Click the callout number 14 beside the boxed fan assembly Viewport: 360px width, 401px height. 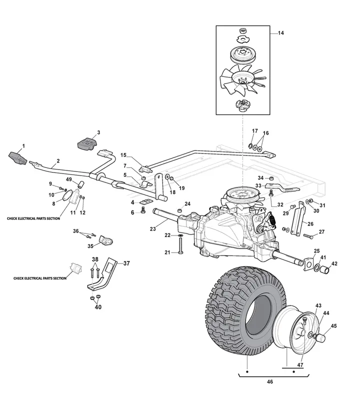280,33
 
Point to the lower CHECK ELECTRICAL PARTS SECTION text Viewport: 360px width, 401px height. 40,278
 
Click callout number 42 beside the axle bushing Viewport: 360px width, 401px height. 334,263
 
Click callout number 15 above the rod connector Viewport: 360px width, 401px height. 123,155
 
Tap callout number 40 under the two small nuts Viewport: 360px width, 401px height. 98,307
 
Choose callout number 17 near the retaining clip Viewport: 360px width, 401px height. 255,131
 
